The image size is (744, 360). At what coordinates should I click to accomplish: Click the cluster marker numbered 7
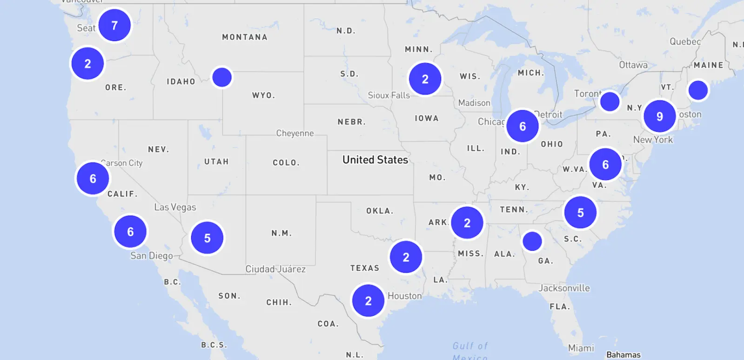coord(114,25)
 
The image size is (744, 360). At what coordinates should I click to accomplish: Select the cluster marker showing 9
coord(659,116)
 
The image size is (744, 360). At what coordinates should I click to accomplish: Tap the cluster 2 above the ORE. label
coord(87,64)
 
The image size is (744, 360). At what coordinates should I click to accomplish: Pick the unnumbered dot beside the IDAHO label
coord(222,77)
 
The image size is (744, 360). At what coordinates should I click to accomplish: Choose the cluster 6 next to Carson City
coord(93,179)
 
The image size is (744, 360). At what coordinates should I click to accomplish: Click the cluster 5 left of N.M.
coord(207,238)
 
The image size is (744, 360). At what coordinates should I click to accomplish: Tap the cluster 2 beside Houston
coord(368,301)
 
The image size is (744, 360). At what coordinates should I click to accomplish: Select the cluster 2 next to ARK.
coord(467,223)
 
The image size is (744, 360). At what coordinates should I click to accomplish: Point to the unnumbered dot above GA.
coord(532,241)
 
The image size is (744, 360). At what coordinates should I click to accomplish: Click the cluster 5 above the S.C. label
coord(580,213)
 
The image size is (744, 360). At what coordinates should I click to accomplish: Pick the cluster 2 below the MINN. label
coord(425,80)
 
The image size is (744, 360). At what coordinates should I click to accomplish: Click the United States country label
coord(375,160)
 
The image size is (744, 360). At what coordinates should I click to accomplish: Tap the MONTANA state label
coord(245,37)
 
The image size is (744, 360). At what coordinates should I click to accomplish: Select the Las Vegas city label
coord(175,207)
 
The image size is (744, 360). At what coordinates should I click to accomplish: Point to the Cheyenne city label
coord(295,133)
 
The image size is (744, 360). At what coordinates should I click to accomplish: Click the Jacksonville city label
coord(564,288)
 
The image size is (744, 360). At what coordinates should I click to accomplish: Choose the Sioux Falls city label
coord(389,95)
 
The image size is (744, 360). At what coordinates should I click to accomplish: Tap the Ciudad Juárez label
coord(275,269)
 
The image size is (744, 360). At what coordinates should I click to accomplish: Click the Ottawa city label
coord(633,65)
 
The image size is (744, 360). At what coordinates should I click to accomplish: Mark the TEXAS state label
coord(365,268)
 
